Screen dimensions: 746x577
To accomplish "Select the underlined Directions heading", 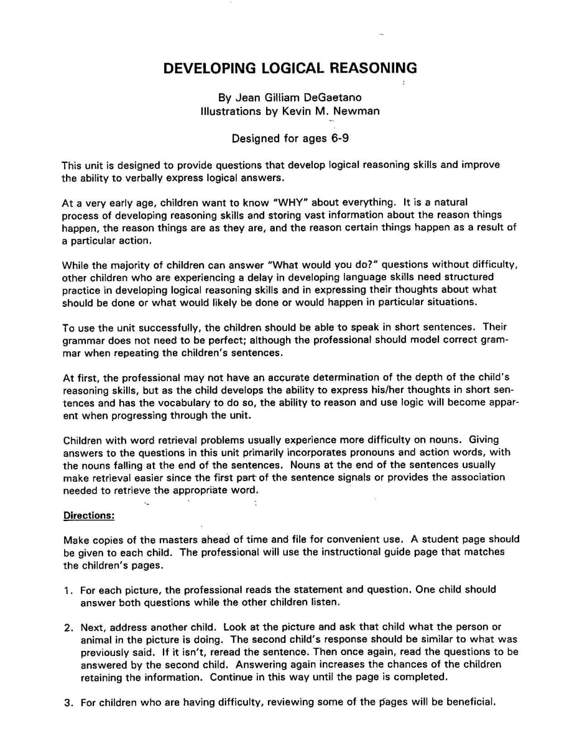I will (x=89, y=515).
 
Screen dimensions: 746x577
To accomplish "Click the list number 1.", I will (x=68, y=590).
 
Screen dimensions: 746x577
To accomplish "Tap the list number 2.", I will (x=68, y=627).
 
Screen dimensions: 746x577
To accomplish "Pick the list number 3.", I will (x=68, y=703).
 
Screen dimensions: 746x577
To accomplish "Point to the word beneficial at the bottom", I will (x=469, y=703).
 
